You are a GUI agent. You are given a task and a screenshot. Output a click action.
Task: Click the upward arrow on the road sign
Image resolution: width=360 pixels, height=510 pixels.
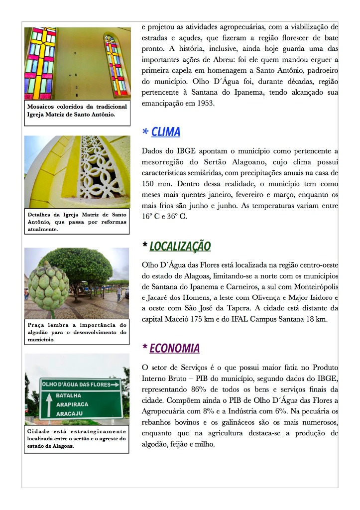click(x=49, y=405)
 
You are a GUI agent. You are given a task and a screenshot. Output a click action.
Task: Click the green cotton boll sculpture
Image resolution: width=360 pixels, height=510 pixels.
click(x=48, y=285)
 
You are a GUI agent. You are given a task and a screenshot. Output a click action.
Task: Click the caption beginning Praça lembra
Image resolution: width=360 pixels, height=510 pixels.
click(x=77, y=332)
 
